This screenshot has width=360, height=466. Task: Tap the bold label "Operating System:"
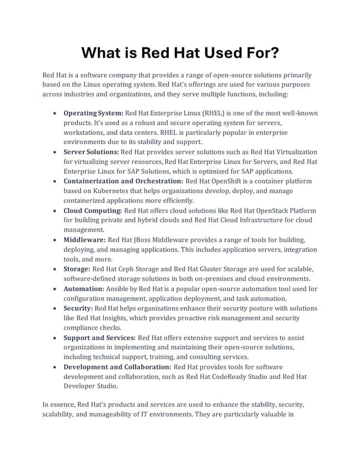point(93,113)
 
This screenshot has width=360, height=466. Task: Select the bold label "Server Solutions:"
point(91,152)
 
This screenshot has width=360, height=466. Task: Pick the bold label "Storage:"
point(76,269)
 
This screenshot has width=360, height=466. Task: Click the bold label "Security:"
point(78,308)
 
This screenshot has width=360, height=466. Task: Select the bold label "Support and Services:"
point(99,337)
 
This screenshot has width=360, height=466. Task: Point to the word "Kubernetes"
point(111,191)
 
